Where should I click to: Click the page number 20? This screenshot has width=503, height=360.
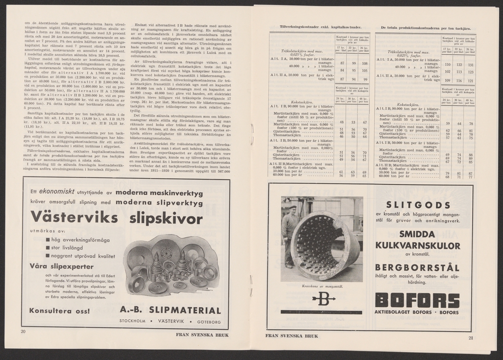tap(23, 332)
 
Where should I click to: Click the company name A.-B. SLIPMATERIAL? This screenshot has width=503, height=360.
tap(170, 310)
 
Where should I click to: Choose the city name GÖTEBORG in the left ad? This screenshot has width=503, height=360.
tap(205, 322)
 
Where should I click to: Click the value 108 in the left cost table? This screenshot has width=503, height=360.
tap(364, 63)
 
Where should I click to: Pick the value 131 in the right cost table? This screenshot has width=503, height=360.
tap(471, 65)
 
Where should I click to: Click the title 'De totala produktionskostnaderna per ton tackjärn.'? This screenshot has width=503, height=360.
tap(425, 28)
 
